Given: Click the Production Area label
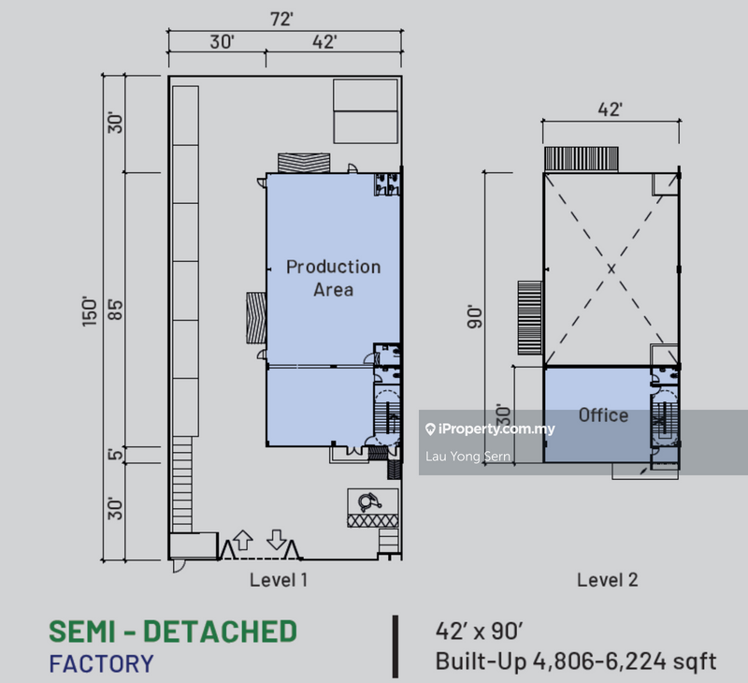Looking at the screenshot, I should point(333,278).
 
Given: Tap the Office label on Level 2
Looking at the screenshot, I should point(602,415).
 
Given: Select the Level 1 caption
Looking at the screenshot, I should point(279,580).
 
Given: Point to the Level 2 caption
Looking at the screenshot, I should point(607,580).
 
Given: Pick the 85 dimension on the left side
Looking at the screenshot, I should point(116,309).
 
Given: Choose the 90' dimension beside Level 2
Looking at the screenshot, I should point(477,317).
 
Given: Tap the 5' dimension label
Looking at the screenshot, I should point(116,456).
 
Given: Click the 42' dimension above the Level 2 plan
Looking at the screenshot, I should point(610,109).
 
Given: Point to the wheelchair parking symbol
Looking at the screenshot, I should point(366,500).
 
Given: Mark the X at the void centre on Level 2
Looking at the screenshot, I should point(611,269).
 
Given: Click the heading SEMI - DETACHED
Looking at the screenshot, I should point(172,632).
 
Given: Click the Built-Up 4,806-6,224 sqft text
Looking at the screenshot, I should point(576,661).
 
